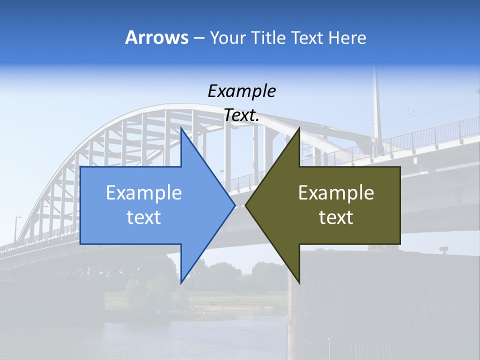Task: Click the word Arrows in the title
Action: pos(156,37)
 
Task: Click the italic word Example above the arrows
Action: pos(241,91)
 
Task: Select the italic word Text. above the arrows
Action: pos(241,115)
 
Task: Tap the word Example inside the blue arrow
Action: pos(144,192)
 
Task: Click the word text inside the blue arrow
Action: pos(144,217)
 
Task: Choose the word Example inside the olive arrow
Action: pos(336,192)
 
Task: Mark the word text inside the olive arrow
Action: pos(336,217)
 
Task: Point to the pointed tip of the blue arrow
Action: pos(234,205)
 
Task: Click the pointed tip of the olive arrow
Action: pos(246,205)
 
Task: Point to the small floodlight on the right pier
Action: pos(443,248)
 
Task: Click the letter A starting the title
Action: pos(131,37)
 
